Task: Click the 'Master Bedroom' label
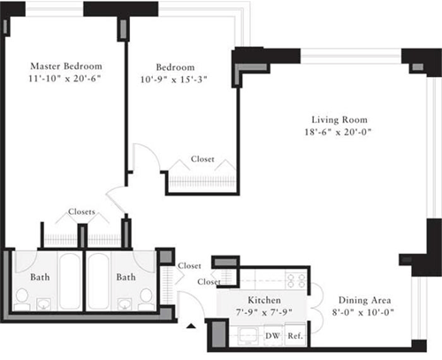coord(65,66)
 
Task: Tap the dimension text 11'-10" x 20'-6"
coord(65,80)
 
